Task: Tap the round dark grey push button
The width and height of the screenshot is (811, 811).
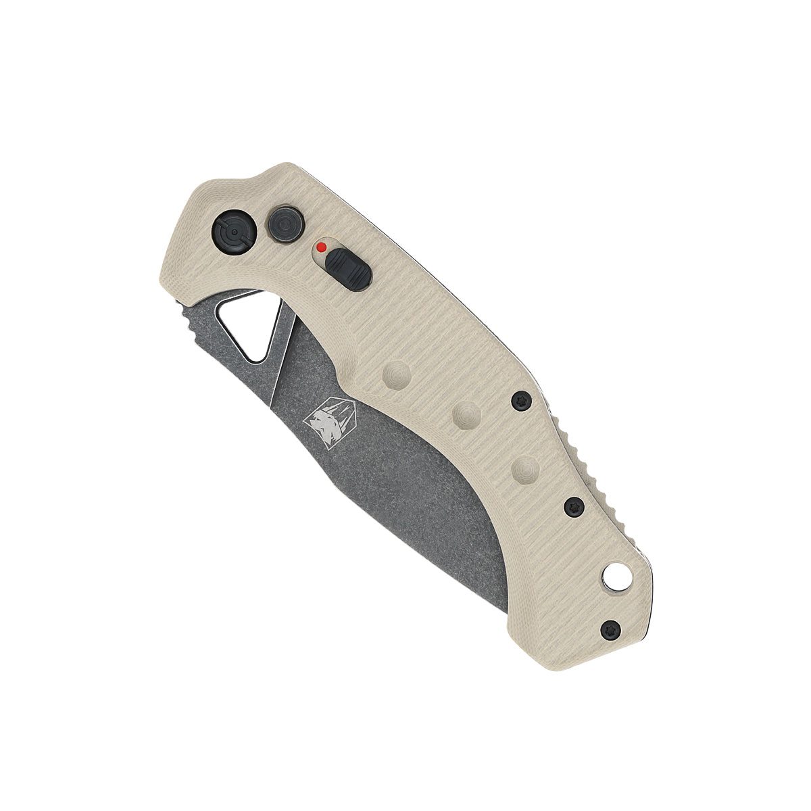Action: [284, 223]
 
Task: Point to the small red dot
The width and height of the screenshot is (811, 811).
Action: [322, 247]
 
